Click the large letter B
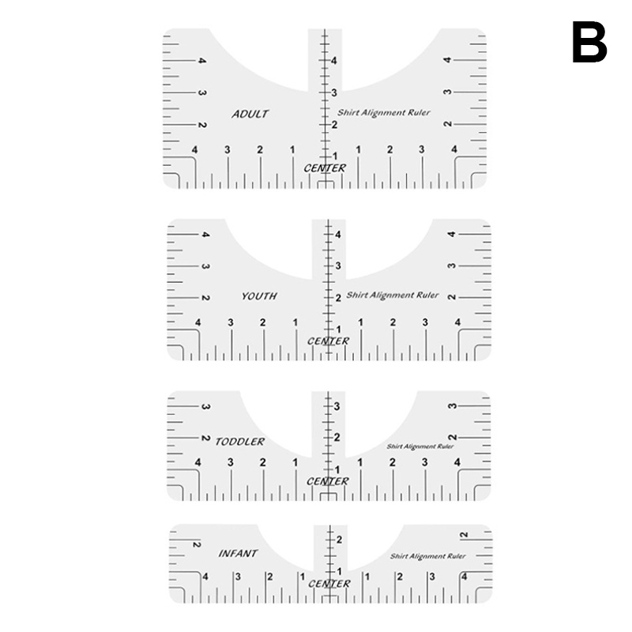pyautogui.click(x=589, y=42)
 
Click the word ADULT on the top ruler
pyautogui.click(x=250, y=114)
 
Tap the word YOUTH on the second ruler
pyautogui.click(x=259, y=296)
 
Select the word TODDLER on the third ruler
pyautogui.click(x=240, y=442)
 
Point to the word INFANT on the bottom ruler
pyautogui.click(x=238, y=554)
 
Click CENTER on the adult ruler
pyautogui.click(x=325, y=168)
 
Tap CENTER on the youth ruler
pyautogui.click(x=328, y=341)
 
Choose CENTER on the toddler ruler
pyautogui.click(x=327, y=481)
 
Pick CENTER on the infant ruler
pyautogui.click(x=329, y=584)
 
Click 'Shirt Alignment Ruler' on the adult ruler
pyautogui.click(x=384, y=112)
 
